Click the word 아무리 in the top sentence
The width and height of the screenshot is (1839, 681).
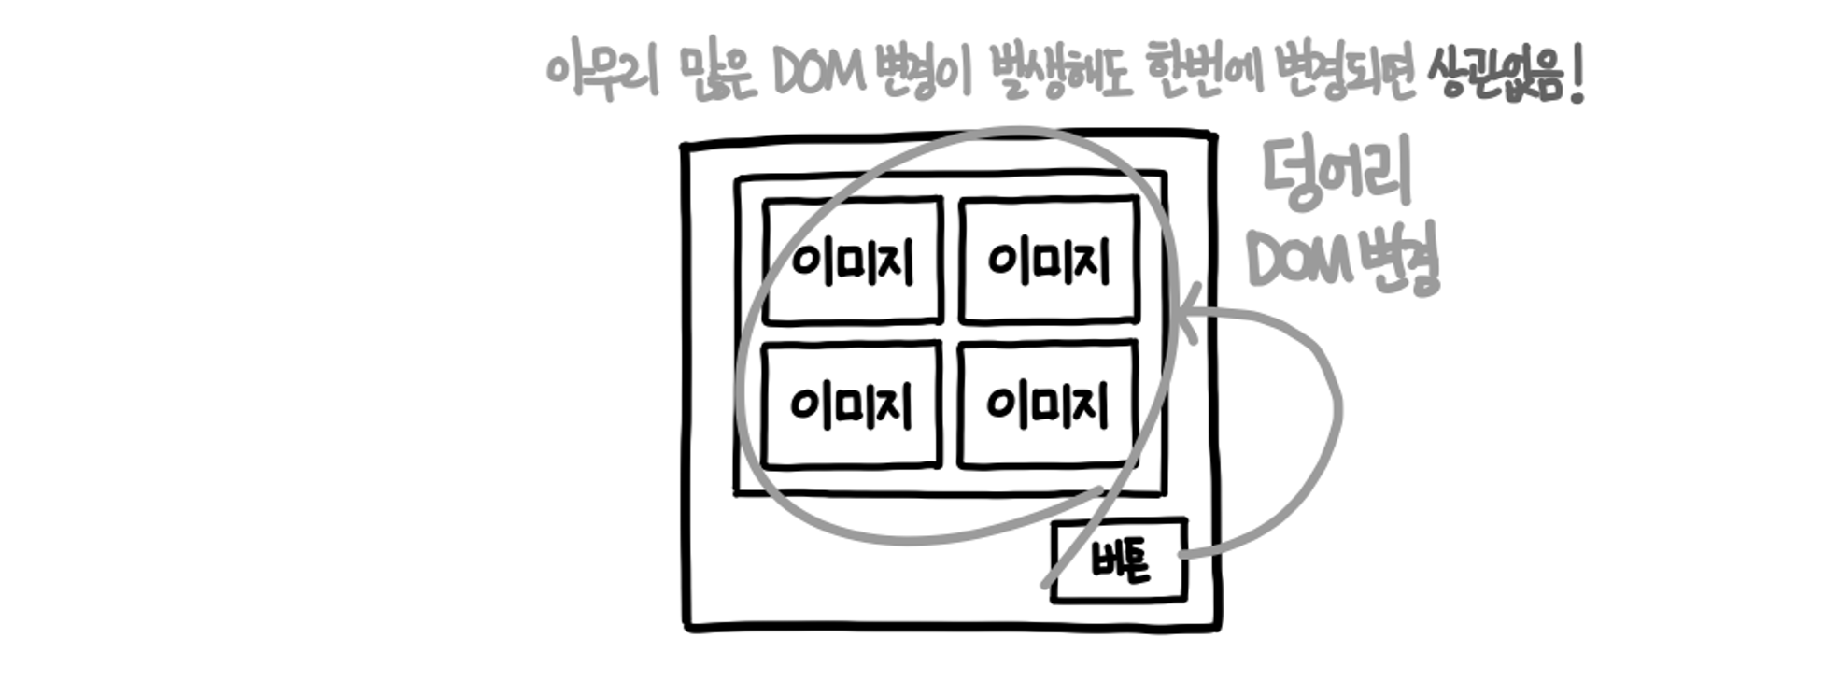tap(603, 73)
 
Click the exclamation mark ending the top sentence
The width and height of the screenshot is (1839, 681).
tap(1577, 75)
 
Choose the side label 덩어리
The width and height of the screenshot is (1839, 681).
tap(1337, 174)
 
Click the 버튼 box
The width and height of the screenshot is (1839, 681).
tap(1120, 560)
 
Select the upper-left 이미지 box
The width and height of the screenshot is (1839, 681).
tap(853, 261)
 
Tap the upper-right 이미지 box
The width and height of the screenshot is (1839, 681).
tap(1049, 261)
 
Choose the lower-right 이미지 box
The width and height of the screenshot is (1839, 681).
tap(1047, 404)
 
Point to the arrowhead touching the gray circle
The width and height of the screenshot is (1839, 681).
tap(1186, 318)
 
